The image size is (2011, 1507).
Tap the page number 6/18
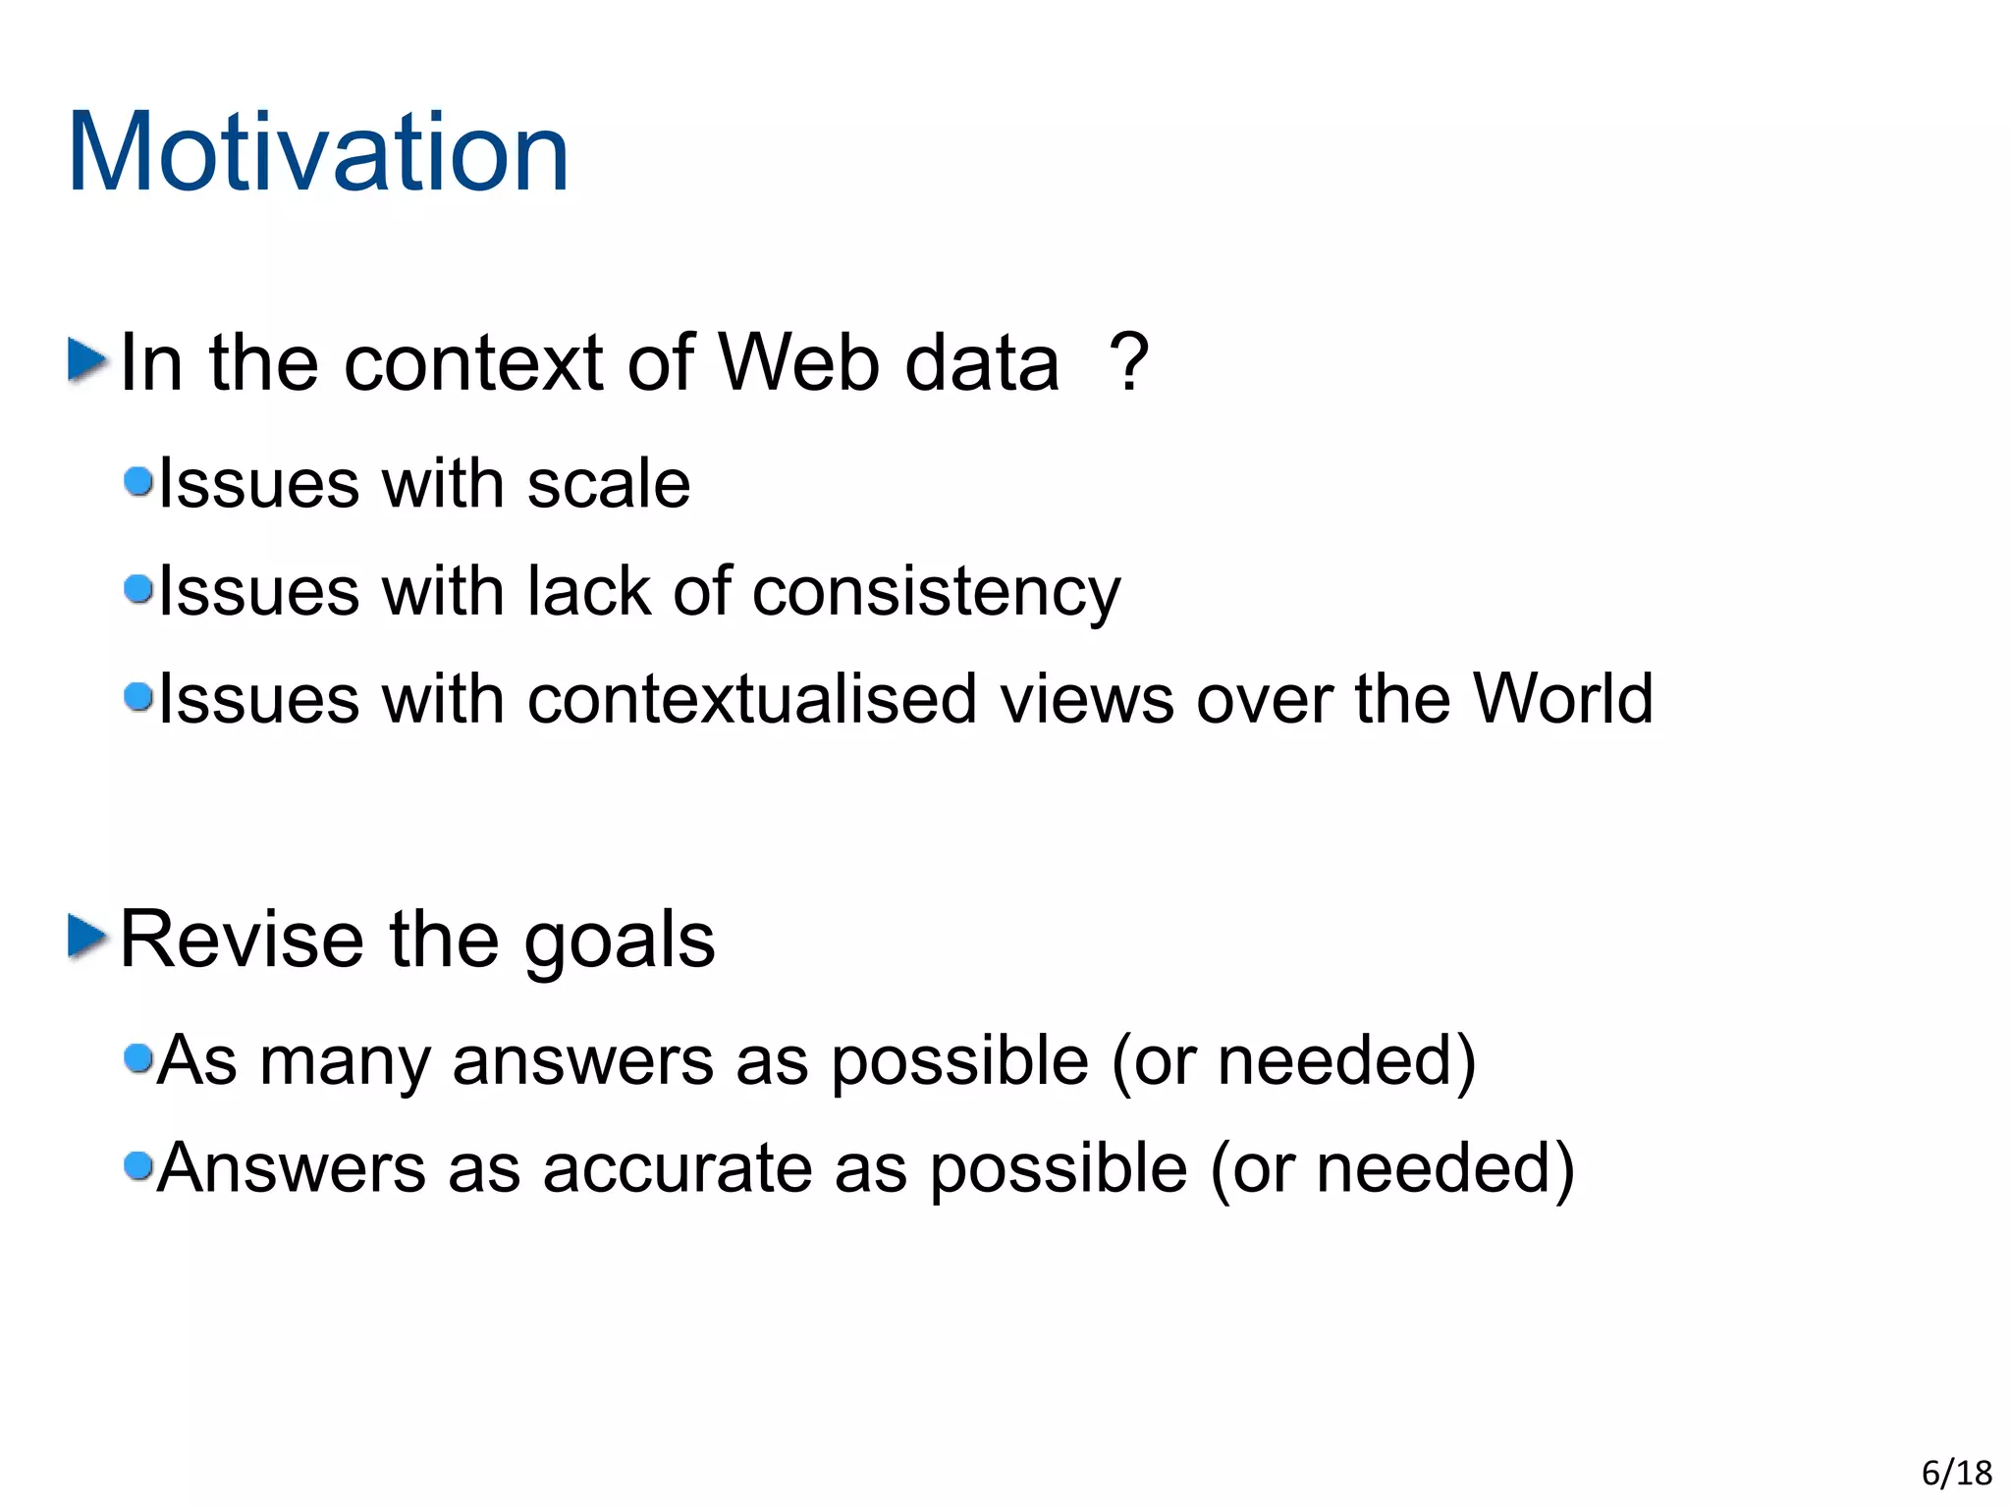point(1956,1473)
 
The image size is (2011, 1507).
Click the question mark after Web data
point(1128,362)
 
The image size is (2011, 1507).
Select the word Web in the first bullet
point(798,362)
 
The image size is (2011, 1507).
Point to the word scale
point(608,484)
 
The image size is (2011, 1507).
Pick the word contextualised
point(751,699)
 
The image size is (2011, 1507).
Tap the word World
point(1562,699)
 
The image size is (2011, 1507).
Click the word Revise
point(243,940)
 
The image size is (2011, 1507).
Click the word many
point(345,1062)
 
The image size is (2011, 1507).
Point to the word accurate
point(677,1168)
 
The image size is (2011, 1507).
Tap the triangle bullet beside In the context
point(87,360)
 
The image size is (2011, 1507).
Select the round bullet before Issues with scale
point(138,481)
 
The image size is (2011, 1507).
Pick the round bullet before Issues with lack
point(138,589)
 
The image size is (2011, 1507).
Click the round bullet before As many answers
point(138,1058)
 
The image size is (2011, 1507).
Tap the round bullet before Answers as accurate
point(138,1165)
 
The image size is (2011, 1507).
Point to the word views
point(1086,699)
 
